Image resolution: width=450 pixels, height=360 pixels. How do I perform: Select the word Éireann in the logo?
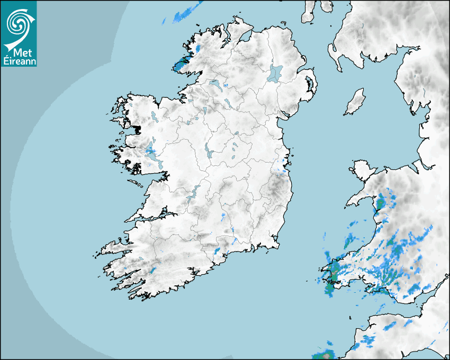[19, 61]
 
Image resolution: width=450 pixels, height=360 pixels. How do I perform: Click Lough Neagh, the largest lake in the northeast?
[275, 73]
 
